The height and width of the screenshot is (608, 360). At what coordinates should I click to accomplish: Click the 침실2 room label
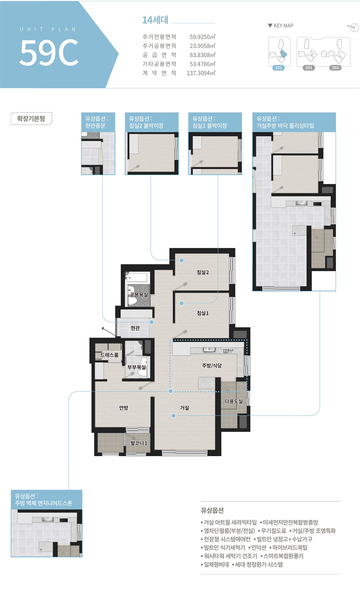click(x=203, y=272)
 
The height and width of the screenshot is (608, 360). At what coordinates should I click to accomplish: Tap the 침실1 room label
click(x=203, y=313)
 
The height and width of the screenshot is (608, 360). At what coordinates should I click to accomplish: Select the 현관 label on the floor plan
click(x=135, y=328)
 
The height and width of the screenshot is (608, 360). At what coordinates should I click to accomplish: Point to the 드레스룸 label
click(x=109, y=355)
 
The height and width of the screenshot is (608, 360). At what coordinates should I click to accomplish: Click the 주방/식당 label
click(x=212, y=366)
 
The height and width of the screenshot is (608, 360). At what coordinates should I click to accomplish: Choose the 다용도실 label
click(x=234, y=401)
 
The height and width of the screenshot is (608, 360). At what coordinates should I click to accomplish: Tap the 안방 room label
click(x=124, y=408)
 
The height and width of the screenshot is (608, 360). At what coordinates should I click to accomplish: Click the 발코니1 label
click(x=139, y=443)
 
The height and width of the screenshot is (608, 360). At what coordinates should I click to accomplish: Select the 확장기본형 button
click(x=31, y=119)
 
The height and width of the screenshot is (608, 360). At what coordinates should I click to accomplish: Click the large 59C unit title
click(x=49, y=53)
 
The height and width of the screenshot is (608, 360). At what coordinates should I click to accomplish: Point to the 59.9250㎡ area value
click(x=202, y=37)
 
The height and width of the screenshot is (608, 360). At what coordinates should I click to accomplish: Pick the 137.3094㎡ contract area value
click(x=201, y=73)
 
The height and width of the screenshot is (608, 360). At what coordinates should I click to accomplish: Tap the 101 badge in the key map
click(x=279, y=68)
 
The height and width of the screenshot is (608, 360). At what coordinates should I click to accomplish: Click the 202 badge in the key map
click(x=335, y=68)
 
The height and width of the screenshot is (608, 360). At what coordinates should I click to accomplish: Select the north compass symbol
click(x=354, y=27)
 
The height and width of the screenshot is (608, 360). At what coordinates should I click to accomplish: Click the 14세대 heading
click(x=155, y=20)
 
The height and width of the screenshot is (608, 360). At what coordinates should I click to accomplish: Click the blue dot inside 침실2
click(x=181, y=260)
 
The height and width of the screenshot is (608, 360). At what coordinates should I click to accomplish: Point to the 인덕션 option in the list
click(x=259, y=547)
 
